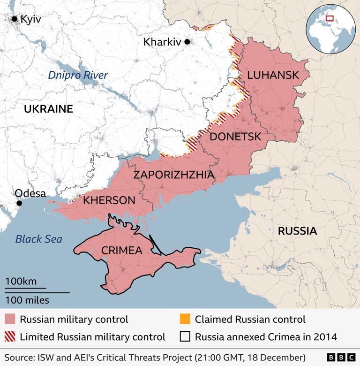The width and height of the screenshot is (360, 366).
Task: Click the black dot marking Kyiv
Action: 15,19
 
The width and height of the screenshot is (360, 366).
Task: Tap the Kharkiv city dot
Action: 187,42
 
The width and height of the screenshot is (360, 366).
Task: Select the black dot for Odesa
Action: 19,203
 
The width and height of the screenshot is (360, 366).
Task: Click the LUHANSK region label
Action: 273,75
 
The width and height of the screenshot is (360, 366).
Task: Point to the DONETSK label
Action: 235,137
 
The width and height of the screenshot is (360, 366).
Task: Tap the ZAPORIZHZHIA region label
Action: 173,175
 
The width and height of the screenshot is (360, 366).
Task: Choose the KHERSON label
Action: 109,200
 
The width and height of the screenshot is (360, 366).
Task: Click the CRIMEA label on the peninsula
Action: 121,251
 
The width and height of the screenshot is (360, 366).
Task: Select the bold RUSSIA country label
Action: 297,231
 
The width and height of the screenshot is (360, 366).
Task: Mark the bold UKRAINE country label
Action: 48,109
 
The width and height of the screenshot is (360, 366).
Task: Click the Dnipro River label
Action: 78,75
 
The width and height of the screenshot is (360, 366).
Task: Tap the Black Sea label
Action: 38,239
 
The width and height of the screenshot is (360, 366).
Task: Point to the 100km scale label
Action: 21,282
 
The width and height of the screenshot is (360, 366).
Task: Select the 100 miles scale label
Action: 27,300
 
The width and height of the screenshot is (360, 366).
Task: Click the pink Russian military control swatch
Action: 10,320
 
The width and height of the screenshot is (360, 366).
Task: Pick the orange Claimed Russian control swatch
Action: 185,320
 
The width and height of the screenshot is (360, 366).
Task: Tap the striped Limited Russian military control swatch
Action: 10,336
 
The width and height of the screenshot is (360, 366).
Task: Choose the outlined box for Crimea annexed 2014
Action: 185,336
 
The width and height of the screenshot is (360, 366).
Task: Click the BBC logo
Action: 340,358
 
